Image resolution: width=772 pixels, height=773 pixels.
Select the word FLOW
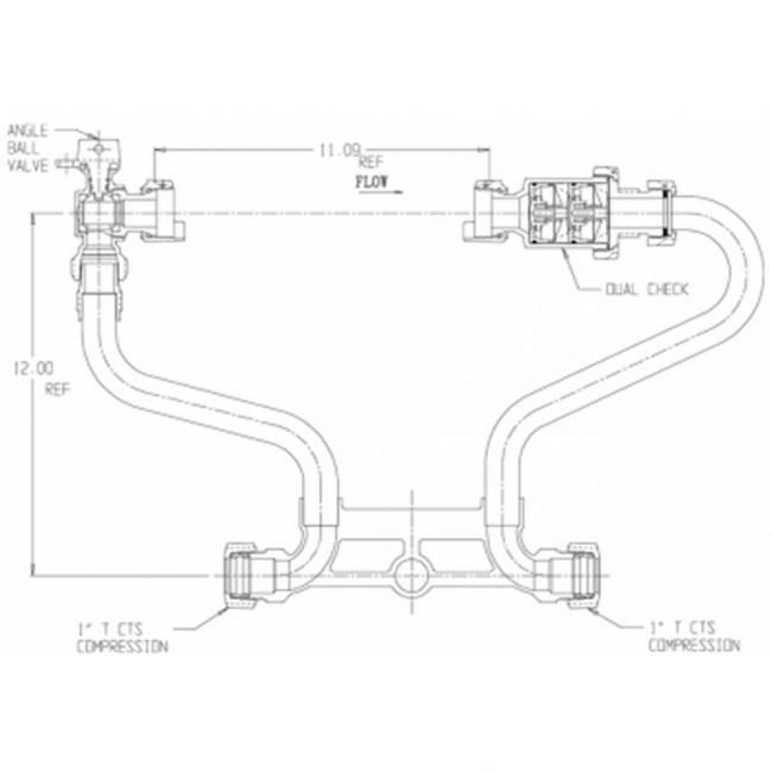coord(372,182)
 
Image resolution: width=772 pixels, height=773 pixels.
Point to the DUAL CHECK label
coord(646,289)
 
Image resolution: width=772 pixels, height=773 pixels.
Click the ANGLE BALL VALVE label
coord(28,148)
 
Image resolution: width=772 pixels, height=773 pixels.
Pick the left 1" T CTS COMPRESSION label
coord(122,638)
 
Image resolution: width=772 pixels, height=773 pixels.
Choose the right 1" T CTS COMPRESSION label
coord(694,636)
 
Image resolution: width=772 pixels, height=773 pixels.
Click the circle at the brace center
coord(412,575)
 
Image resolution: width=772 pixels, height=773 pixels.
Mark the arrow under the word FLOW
coord(381,191)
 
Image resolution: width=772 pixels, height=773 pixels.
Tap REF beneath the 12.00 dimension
coord(58,390)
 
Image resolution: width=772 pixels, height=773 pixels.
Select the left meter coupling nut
coord(162,212)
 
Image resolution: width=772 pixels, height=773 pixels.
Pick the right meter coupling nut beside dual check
coord(485,212)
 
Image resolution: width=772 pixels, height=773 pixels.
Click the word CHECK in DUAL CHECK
coord(665,289)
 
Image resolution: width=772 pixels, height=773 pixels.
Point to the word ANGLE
coord(28,131)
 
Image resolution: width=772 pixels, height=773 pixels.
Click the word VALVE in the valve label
coord(28,166)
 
